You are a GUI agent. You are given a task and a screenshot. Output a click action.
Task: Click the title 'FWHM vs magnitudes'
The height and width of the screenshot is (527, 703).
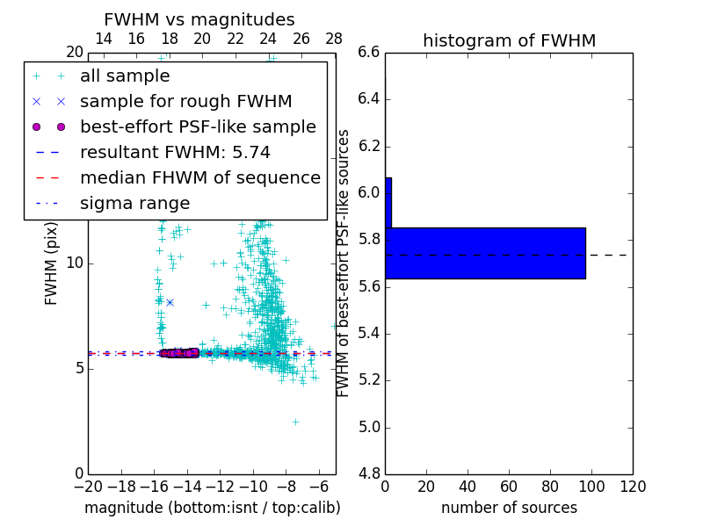[x=199, y=19]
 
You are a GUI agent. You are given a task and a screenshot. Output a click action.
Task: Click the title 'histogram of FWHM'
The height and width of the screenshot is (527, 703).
[x=509, y=40]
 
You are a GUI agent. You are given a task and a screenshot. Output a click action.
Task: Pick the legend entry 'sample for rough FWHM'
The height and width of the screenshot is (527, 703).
[x=185, y=101]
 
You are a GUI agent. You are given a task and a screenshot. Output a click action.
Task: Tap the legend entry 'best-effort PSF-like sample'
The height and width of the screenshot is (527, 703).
[x=198, y=126]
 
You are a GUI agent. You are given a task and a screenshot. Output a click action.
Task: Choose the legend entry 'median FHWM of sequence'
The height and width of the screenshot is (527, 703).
[x=199, y=177]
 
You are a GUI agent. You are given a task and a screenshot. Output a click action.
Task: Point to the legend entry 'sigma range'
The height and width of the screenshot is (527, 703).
[x=134, y=203]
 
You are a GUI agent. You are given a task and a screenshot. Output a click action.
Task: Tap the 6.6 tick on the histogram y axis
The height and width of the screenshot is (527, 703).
[x=369, y=52]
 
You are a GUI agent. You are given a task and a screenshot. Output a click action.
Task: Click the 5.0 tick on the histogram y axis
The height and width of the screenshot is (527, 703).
[x=369, y=427]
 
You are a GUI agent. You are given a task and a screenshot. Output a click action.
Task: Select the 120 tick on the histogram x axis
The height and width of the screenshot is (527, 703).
[x=633, y=486]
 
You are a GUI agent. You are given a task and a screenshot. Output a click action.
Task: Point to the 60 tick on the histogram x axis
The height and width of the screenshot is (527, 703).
[x=509, y=486]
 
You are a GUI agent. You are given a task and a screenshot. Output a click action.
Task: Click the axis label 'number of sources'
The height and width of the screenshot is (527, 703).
[x=509, y=508]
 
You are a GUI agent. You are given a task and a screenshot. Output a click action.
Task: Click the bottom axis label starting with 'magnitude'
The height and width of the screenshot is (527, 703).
[x=212, y=508]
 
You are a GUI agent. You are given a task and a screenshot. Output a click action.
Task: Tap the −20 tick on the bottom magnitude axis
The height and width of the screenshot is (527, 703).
[x=88, y=486]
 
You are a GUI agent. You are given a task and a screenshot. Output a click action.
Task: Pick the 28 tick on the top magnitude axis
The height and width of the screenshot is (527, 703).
[x=334, y=39]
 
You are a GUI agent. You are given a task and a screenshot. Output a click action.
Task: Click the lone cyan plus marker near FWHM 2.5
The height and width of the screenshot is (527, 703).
[x=295, y=422]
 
